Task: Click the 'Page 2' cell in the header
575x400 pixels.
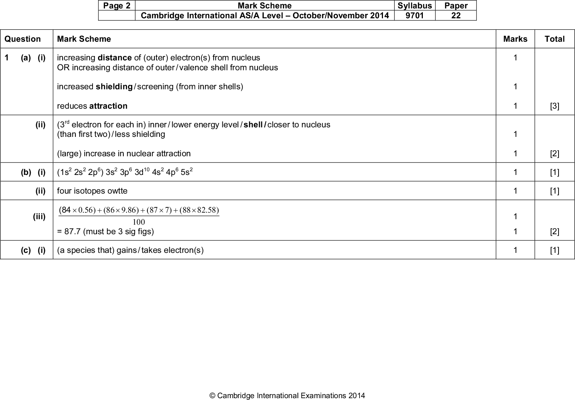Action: (117, 5)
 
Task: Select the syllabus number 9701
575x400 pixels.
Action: (414, 15)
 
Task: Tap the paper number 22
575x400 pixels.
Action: (456, 15)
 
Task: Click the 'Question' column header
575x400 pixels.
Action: (23, 39)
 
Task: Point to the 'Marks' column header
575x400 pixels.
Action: (515, 39)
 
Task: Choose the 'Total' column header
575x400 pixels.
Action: (555, 39)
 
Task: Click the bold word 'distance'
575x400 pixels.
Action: (114, 57)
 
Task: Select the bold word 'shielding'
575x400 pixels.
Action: (114, 86)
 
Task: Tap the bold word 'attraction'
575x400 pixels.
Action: (108, 106)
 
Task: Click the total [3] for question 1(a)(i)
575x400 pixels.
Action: (555, 106)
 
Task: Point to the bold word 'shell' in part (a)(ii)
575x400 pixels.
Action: (253, 124)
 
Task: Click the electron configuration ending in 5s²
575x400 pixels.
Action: (125, 172)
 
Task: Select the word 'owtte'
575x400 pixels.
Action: (118, 191)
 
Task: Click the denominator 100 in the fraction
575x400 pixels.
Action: (139, 222)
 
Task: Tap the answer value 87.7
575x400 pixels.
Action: (72, 231)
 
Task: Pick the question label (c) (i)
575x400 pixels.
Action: (33, 250)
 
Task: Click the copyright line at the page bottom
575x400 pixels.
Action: (287, 395)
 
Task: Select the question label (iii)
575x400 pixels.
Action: (39, 217)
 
